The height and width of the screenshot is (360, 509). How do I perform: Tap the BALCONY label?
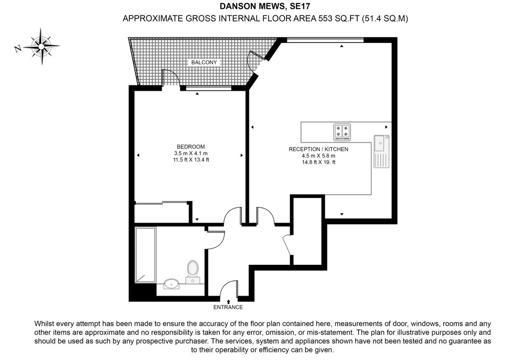[204, 62]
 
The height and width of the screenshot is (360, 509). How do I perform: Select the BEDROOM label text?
[191, 147]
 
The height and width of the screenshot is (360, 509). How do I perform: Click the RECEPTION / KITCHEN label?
[318, 149]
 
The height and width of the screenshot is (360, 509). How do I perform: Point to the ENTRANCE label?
[229, 307]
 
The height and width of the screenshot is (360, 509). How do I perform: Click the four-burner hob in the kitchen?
[342, 132]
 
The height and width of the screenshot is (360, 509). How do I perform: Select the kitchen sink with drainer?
[380, 151]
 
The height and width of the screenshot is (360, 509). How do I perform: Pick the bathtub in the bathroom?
[145, 255]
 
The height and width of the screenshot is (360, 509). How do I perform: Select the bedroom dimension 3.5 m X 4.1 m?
[191, 153]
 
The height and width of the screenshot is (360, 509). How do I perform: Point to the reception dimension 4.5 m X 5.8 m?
[318, 156]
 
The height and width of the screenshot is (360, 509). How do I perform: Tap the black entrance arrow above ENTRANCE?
[229, 301]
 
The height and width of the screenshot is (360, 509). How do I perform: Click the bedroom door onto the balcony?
[171, 79]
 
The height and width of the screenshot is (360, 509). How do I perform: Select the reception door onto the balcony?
[256, 60]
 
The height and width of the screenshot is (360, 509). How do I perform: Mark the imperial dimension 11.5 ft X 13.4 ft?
[191, 160]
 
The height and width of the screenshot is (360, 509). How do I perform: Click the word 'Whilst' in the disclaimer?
[45, 323]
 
